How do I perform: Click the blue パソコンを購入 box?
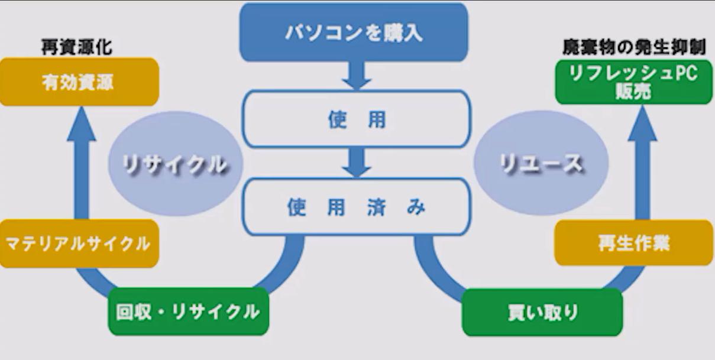point(354,32)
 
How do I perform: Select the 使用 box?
point(357,119)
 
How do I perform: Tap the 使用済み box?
point(357,207)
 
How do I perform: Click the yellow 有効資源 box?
point(78,82)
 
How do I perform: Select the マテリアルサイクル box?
point(78,244)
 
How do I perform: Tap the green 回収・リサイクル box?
point(188,311)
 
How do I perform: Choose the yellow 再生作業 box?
point(633,243)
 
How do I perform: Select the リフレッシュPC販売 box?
point(633,82)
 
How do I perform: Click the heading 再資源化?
point(77,47)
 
